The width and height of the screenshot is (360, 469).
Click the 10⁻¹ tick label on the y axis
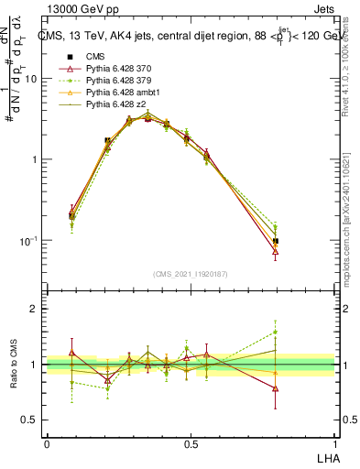[x=28, y=240]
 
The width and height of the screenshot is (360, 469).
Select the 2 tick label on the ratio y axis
[x=35, y=310]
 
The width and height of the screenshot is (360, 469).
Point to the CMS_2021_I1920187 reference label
[x=191, y=274]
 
